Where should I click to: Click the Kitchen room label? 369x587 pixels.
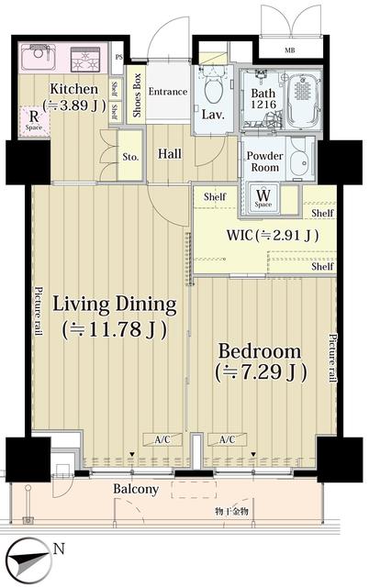(74, 89)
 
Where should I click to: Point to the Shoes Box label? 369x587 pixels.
(137, 94)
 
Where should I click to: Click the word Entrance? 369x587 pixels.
(168, 92)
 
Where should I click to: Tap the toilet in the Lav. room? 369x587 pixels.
(213, 90)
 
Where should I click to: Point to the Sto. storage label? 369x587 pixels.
(130, 157)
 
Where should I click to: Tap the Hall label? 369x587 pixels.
(169, 155)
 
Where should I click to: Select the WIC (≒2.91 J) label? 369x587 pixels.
(273, 235)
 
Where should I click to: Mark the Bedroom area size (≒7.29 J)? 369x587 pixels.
(260, 373)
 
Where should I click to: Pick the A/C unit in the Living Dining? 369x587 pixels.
(162, 439)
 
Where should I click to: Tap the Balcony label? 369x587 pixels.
(135, 490)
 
